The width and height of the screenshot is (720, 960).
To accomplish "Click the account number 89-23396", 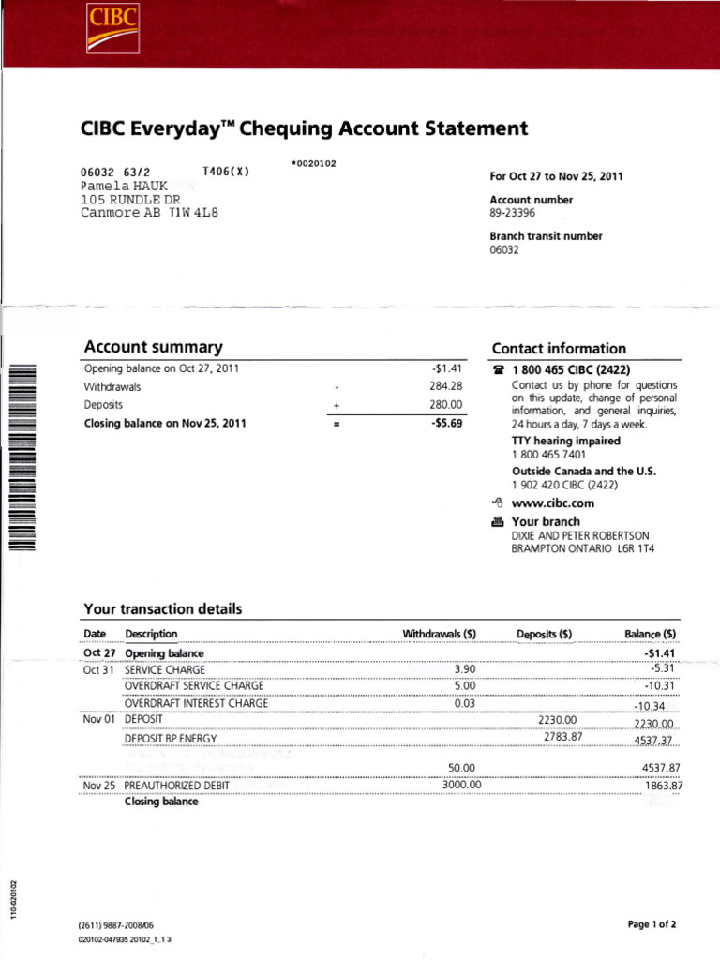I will point(512,214).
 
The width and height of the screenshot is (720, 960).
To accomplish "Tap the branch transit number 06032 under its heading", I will point(505,251).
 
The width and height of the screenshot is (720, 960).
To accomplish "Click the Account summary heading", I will point(153,347).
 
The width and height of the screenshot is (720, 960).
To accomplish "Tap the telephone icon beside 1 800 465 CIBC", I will point(498,370).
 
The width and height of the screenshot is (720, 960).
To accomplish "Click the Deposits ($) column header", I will point(545,634).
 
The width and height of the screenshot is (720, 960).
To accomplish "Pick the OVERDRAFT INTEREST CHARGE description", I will point(196,703).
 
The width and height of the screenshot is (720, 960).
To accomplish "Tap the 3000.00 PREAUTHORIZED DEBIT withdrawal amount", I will point(461,785).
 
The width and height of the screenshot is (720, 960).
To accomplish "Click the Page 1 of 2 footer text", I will point(652,924).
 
